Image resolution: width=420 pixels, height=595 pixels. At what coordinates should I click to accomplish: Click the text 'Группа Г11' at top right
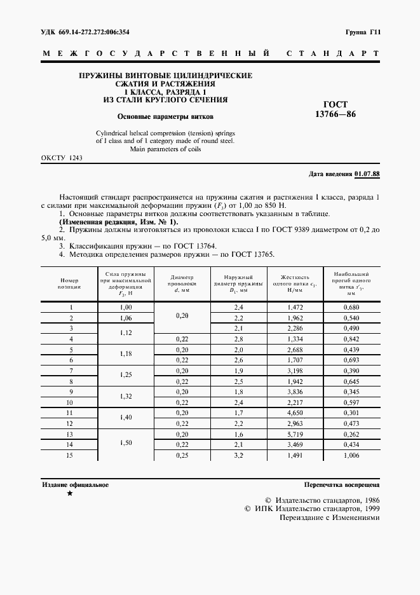coord(362,31)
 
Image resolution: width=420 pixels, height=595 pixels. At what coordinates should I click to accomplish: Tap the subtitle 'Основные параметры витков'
coord(165,117)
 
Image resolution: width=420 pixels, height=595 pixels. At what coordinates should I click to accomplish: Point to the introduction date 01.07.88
coord(367,174)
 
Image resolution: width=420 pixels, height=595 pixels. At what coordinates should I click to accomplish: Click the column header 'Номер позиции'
coord(71,284)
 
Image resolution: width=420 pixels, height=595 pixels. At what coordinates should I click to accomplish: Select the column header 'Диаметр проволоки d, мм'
coord(180,284)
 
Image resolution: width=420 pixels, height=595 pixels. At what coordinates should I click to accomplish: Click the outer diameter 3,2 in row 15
coord(239,456)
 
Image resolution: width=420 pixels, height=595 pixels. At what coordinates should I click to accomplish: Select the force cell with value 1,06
coord(125,318)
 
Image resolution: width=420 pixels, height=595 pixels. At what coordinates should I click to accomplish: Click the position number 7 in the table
coord(71,371)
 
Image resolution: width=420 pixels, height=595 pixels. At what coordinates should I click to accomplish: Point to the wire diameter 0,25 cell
coord(180,456)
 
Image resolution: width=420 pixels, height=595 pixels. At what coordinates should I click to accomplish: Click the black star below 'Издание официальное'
coord(70,494)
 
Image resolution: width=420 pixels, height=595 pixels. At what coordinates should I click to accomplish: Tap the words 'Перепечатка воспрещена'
coord(342,484)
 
